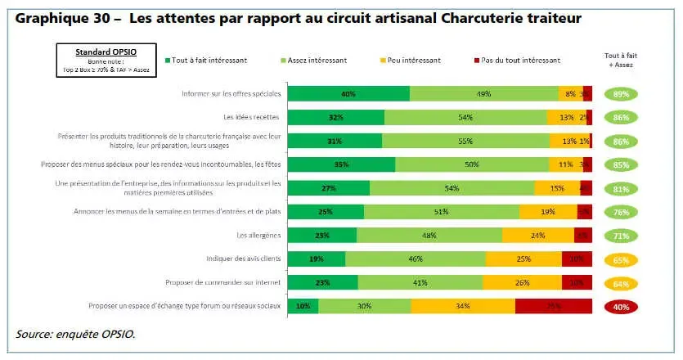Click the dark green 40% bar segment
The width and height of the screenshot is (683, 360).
[x=348, y=94]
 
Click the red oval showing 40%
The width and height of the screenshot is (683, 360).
[x=621, y=307]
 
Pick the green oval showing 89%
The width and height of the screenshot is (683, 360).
[x=621, y=94]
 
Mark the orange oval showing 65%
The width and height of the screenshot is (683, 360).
[x=621, y=259]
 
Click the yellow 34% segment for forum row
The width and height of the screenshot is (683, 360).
[x=463, y=307]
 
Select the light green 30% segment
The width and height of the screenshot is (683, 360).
[x=364, y=307]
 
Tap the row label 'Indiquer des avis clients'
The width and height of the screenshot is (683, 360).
[x=245, y=259]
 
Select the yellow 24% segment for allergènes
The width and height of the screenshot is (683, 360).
[x=537, y=236]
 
